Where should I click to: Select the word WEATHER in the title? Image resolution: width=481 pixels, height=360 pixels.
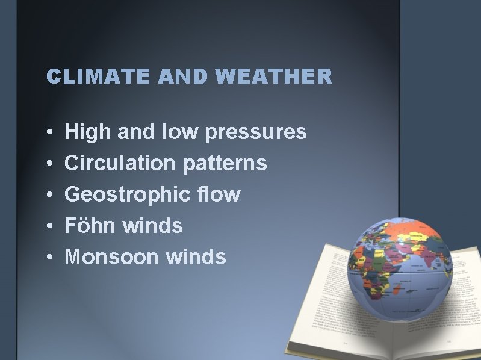[x=273, y=76]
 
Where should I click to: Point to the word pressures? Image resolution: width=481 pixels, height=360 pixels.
[x=256, y=132]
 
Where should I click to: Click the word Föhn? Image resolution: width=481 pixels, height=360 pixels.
[x=90, y=226]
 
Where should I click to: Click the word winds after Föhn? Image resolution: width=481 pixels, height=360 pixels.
[x=152, y=226]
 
